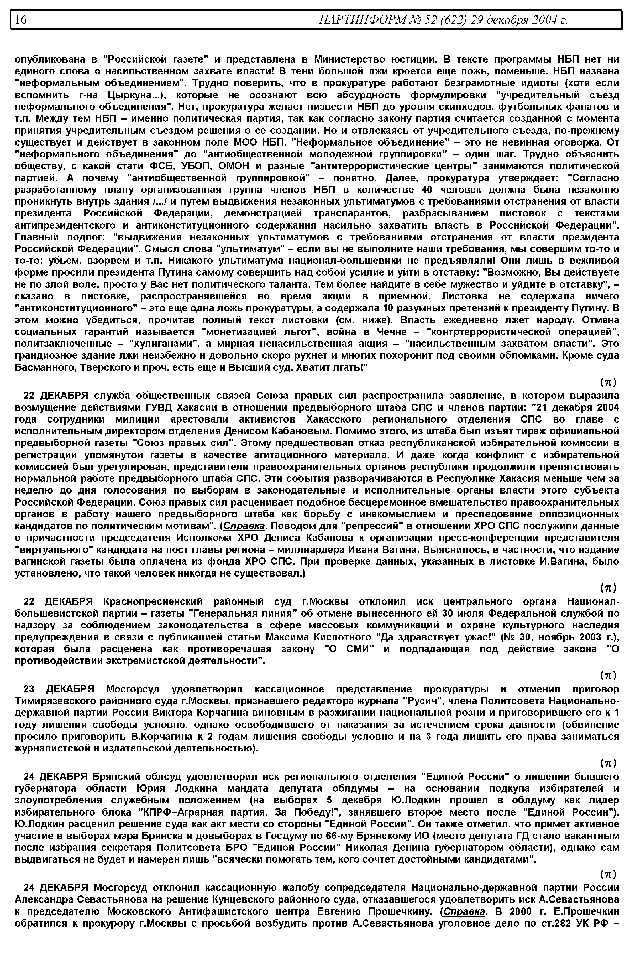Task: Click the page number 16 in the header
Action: [20, 20]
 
